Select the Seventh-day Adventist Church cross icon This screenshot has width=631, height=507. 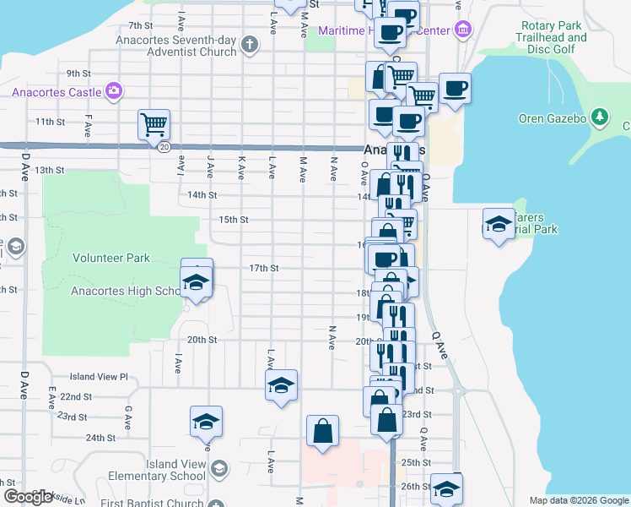250,44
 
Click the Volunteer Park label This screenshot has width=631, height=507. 111,259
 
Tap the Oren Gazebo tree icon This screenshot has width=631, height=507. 600,117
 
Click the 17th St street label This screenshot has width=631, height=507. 263,269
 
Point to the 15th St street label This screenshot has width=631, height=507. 233,220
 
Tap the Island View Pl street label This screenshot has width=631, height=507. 98,377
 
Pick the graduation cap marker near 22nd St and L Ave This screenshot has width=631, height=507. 282,385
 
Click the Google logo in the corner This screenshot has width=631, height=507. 27,497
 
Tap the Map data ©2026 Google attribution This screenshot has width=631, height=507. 579,500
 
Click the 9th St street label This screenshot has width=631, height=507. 78,74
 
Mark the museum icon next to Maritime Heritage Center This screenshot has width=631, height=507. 462,31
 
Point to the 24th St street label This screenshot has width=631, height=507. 100,438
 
